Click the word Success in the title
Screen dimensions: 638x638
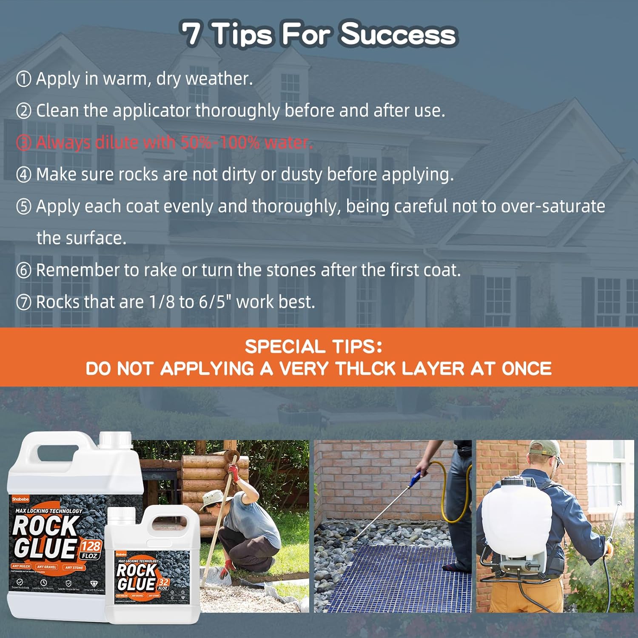[398, 34]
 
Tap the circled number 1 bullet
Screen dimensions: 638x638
[24, 79]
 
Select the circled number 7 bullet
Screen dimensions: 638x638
[24, 302]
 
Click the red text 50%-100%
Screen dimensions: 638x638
[219, 142]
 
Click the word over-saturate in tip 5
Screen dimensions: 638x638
[553, 206]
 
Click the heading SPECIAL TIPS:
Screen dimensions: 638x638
[314, 347]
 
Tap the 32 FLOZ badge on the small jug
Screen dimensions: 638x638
[163, 584]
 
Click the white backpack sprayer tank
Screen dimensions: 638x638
[515, 523]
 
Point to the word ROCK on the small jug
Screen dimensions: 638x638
[136, 570]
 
